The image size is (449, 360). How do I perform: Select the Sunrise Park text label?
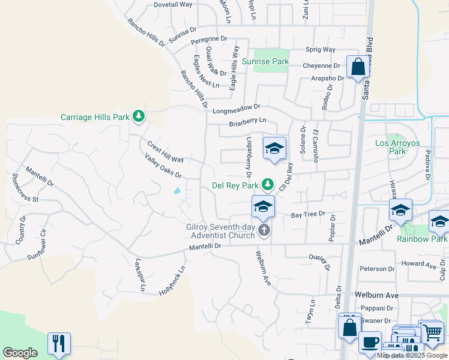pyautogui.click(x=265, y=61)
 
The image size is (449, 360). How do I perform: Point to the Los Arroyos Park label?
pyautogui.click(x=397, y=147)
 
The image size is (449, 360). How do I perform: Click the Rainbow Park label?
pyautogui.click(x=422, y=239)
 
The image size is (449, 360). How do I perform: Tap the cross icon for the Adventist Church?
pyautogui.click(x=264, y=230)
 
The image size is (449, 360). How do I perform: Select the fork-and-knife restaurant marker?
pyautogui.click(x=59, y=343)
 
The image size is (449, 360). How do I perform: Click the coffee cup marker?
pyautogui.click(x=370, y=342)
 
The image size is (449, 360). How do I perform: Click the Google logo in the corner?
pyautogui.click(x=20, y=353)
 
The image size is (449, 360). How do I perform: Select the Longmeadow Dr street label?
pyautogui.click(x=237, y=109)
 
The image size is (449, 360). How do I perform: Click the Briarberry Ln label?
pyautogui.click(x=247, y=122)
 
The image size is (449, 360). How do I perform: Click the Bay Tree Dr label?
pyautogui.click(x=308, y=214)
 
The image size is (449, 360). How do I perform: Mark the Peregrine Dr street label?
pyautogui.click(x=209, y=39)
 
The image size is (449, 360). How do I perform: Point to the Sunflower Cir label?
pyautogui.click(x=44, y=247)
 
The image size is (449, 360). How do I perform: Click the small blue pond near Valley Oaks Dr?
pyautogui.click(x=176, y=191)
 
